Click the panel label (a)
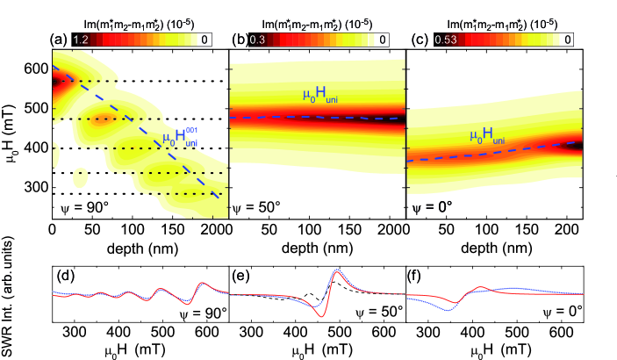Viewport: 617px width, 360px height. (x=62, y=39)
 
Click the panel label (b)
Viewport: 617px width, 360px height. (x=239, y=39)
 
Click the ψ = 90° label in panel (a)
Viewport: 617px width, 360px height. (x=82, y=210)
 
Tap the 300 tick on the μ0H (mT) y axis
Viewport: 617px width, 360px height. (x=35, y=187)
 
